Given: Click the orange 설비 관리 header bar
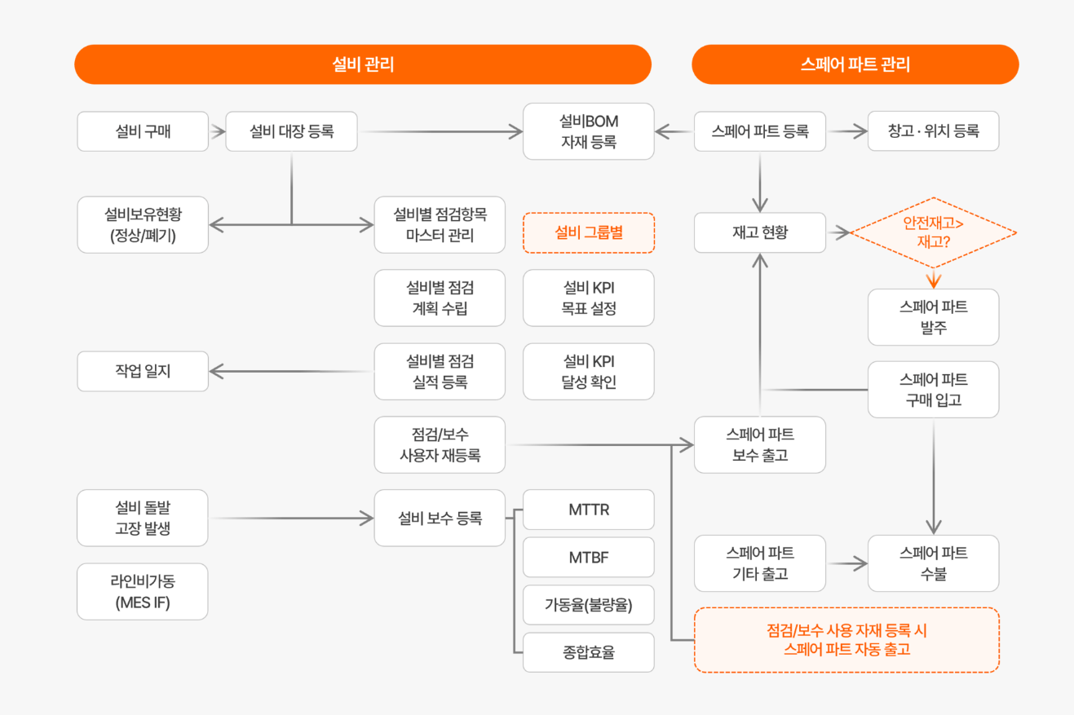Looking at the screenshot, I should pos(362,64).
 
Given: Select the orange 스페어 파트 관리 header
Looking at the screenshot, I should pos(855,64).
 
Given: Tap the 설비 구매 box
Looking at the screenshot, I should pos(143,131).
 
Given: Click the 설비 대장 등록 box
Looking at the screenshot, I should pos(291,131).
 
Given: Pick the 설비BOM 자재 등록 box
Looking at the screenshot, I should pos(588,131).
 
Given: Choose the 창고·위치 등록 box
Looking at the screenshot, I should pos(933,131).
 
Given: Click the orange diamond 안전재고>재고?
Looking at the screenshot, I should pos(933,233).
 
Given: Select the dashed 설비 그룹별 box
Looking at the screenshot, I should pos(588,233).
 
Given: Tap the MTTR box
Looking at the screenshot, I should pos(588,510).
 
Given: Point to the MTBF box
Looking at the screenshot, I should pos(588,558).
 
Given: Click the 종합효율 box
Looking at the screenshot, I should pos(588,652).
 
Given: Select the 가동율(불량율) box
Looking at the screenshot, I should pos(588,605).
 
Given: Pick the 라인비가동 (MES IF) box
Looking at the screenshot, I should pos(143,592).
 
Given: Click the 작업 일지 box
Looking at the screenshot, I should pos(143,372).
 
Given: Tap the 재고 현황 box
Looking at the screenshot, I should pos(760,233).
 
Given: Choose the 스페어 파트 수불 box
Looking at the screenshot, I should pos(933,563).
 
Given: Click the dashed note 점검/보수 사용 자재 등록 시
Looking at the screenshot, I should pos(846,640).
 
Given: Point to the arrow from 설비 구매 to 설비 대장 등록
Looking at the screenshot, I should pos(217,130).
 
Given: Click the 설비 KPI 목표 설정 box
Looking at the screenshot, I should pos(588,298).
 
